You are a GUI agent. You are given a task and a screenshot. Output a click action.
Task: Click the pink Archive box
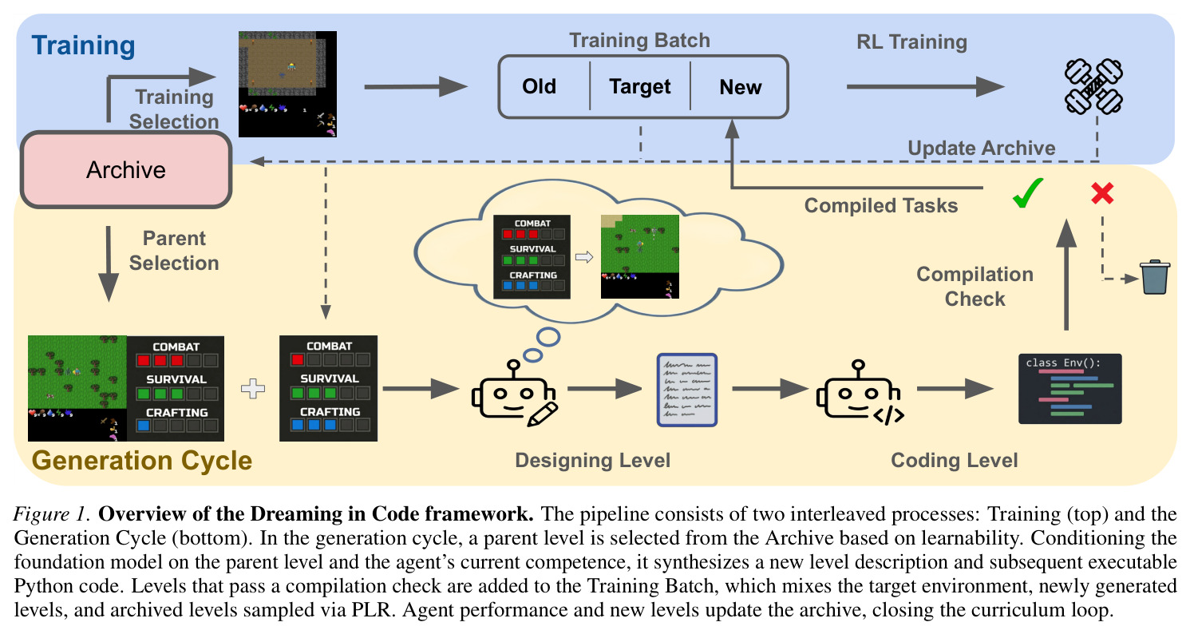[126, 169]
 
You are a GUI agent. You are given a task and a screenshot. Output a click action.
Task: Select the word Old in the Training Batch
[539, 86]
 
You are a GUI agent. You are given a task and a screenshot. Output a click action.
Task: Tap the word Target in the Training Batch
[639, 86]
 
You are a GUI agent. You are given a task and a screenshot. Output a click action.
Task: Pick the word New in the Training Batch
[740, 87]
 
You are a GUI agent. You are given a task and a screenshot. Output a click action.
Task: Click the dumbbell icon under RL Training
[1093, 86]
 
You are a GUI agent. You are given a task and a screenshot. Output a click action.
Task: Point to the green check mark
[1027, 192]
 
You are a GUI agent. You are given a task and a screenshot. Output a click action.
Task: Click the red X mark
[1102, 193]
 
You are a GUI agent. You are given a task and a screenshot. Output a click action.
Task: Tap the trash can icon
[1155, 277]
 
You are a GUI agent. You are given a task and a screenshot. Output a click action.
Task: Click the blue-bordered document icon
[687, 390]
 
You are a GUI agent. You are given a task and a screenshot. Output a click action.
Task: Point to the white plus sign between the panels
[253, 389]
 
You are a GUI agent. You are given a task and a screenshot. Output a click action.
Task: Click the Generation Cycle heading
[142, 460]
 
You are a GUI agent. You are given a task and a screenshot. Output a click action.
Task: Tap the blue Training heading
[84, 46]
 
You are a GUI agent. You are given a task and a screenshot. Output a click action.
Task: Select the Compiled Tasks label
[881, 206]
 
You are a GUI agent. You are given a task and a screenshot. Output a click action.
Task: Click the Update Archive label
[981, 148]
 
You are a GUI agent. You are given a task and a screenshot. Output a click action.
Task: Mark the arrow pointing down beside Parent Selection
[109, 264]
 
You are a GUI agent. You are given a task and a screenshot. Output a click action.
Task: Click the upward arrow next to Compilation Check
[1066, 275]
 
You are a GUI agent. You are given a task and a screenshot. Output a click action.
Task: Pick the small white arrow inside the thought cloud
[584, 257]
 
